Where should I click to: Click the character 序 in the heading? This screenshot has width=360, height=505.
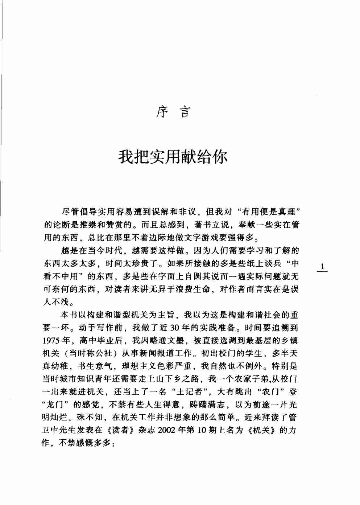162,112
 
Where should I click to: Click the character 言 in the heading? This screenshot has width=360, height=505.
185,112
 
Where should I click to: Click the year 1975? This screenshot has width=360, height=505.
51,341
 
